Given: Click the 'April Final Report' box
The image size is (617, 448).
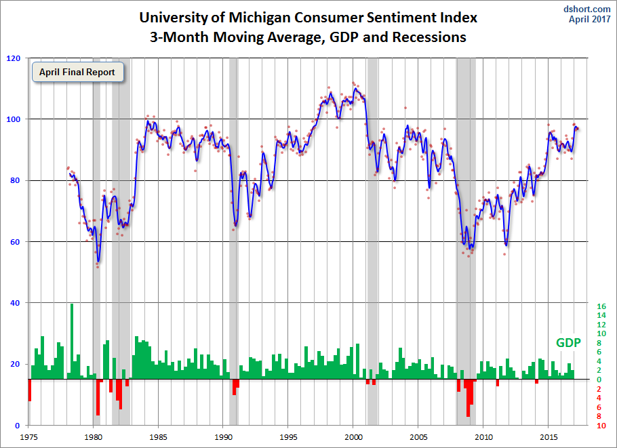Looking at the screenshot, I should point(77,72).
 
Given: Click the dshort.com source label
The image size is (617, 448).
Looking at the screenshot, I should point(587,9).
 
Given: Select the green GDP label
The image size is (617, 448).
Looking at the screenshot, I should point(568,343).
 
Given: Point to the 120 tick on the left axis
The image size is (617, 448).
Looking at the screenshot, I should point(13,58).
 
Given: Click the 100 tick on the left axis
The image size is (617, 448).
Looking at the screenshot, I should point(13,119).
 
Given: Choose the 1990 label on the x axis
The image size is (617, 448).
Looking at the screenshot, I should point(224,437).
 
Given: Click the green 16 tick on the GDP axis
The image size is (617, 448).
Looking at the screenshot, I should point(601,306).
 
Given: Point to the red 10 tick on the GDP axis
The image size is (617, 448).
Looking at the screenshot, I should point(601,426).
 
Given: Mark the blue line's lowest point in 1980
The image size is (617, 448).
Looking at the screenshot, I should point(98,261).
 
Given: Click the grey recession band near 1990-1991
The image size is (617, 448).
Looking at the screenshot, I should point(233,203).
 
